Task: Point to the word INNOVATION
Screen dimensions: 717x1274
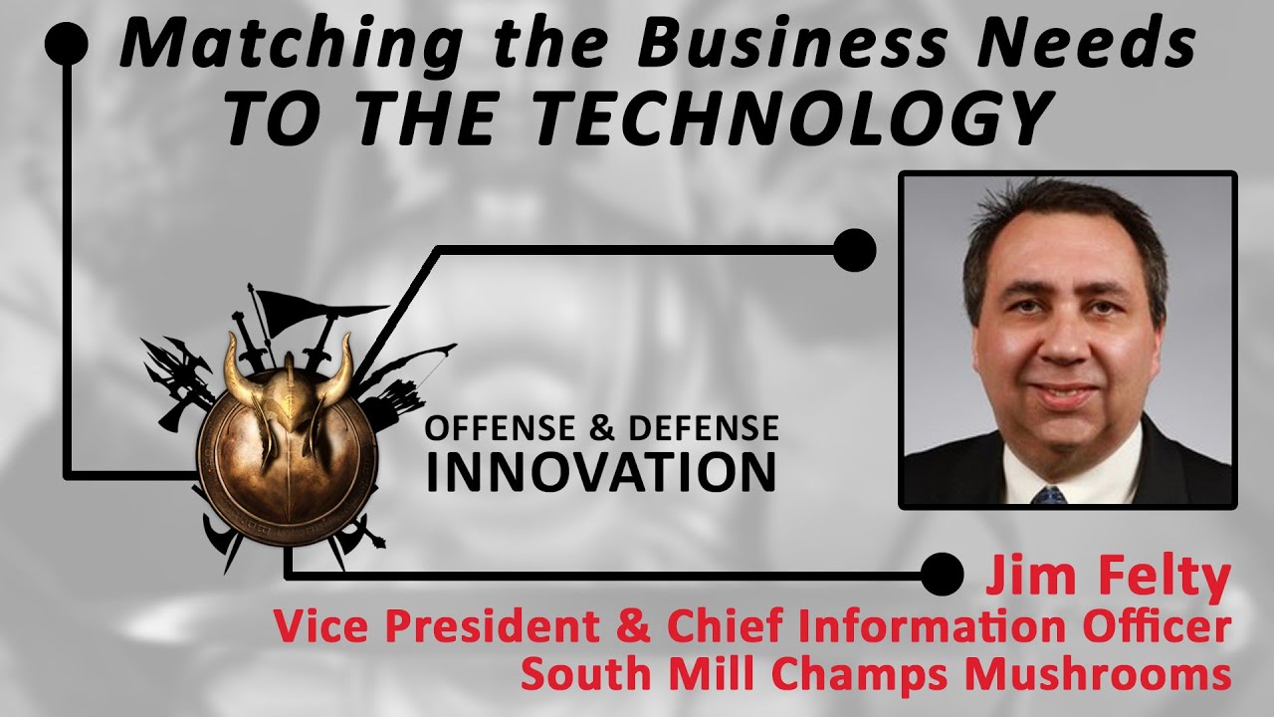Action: (601, 472)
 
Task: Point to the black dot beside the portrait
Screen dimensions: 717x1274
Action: (853, 250)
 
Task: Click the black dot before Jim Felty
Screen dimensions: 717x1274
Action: (942, 575)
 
